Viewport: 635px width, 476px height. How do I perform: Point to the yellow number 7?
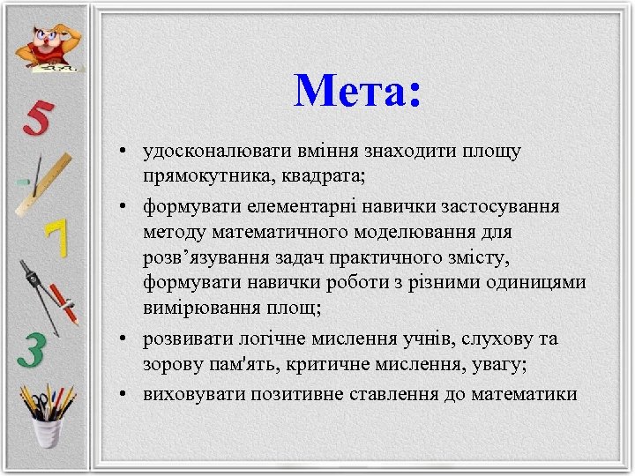pyautogui.click(x=56, y=238)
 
